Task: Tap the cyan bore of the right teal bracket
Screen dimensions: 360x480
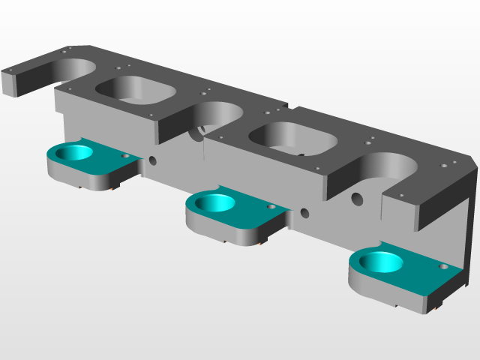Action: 379,262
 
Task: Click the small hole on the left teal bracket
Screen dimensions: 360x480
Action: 125,156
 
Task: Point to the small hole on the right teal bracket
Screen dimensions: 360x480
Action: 443,266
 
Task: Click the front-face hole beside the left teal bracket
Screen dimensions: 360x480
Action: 153,160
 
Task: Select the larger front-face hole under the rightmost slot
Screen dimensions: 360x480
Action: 357,199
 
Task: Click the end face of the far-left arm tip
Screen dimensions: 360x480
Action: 10,84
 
